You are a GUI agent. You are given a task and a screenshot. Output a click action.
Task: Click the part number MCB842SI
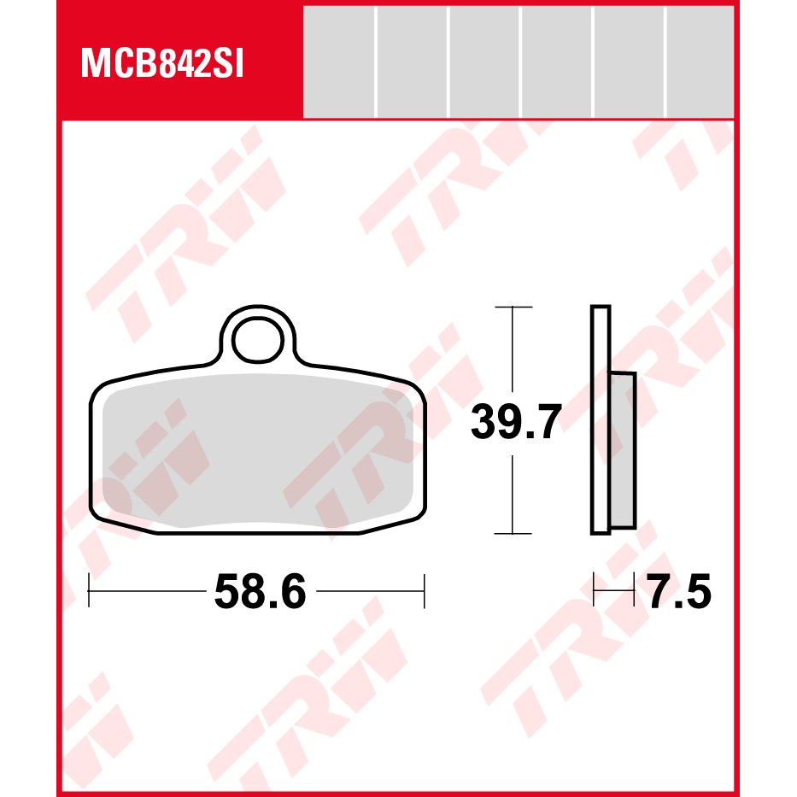pos(162,64)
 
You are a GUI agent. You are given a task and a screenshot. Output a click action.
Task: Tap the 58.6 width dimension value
pos(261,591)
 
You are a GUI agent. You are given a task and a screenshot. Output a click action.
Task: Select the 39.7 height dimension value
pos(516,421)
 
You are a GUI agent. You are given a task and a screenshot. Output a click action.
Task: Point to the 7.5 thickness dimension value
pos(680,591)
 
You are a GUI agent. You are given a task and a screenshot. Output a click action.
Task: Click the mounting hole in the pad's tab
pos(258,339)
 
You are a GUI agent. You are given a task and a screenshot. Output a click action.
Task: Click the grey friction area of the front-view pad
pos(258,450)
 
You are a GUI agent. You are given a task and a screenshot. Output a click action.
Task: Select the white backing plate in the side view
pos(601,419)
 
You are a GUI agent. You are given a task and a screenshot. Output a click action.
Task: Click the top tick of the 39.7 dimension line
pos(513,307)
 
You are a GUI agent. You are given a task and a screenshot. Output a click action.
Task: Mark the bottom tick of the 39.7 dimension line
pos(513,534)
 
